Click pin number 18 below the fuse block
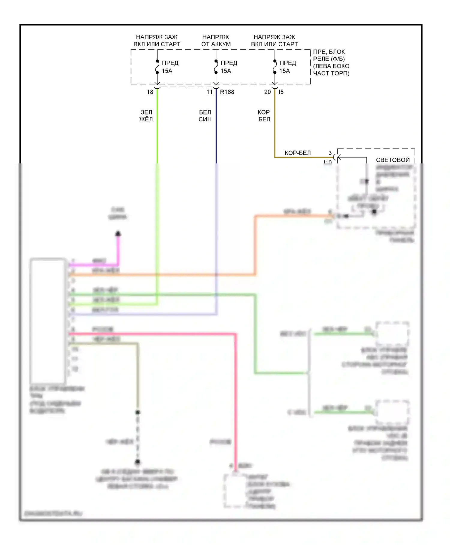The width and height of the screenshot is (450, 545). (150, 92)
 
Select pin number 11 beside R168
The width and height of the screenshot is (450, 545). (209, 92)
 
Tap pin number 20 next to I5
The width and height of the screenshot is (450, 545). (267, 92)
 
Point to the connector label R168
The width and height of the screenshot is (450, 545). (227, 92)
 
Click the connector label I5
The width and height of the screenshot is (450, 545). (281, 92)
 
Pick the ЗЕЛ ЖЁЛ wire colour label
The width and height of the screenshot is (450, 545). (146, 116)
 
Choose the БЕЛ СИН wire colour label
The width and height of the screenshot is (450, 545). (205, 116)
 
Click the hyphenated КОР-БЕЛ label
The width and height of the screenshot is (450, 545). (298, 153)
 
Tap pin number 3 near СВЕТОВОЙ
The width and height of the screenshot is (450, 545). (330, 153)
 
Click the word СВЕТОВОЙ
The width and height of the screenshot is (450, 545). (393, 160)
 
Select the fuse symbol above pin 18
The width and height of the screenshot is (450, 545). (157, 67)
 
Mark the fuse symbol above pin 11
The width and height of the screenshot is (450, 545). (216, 67)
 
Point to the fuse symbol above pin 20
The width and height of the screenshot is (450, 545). (275, 67)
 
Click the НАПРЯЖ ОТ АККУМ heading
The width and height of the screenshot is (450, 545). (216, 41)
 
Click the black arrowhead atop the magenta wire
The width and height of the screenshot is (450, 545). (118, 233)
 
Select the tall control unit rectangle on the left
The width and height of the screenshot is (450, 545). (48, 320)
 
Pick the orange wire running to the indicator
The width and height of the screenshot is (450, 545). (255, 246)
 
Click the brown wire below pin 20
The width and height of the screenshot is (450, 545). (275, 126)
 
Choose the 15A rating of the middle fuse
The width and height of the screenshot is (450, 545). (226, 71)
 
